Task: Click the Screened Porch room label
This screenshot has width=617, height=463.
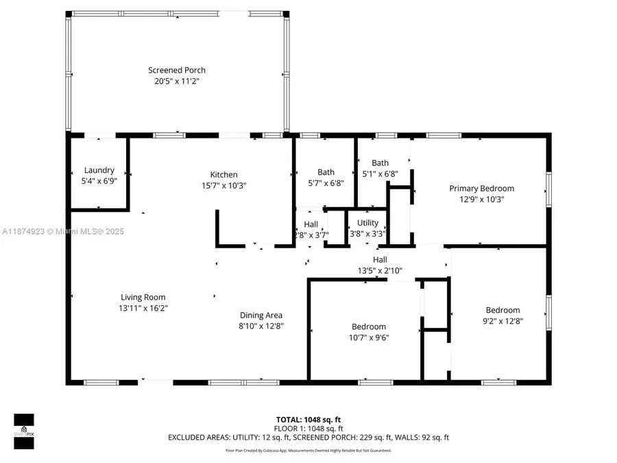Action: point(177,70)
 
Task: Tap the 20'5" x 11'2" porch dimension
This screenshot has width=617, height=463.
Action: point(177,81)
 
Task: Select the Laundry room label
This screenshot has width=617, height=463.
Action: point(99,170)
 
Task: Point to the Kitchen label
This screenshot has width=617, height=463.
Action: point(223,175)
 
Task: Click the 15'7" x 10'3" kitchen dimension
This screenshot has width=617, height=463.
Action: point(223,185)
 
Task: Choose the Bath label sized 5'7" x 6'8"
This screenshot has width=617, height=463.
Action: point(326,172)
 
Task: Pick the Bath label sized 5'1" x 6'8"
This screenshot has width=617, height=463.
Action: point(380,163)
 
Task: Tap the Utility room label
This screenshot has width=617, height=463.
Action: point(367,223)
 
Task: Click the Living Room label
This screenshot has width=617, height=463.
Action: point(143,297)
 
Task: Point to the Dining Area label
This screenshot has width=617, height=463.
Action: point(261,316)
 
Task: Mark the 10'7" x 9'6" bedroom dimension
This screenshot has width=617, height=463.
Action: point(369,337)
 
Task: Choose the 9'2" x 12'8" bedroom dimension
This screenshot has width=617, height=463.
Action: point(503,321)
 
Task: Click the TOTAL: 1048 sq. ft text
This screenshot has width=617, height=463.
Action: point(308,419)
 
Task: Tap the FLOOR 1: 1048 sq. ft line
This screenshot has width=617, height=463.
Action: point(308,428)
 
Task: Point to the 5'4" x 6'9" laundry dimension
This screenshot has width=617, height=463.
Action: point(99,181)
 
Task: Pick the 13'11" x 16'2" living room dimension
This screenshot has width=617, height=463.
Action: point(143,308)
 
